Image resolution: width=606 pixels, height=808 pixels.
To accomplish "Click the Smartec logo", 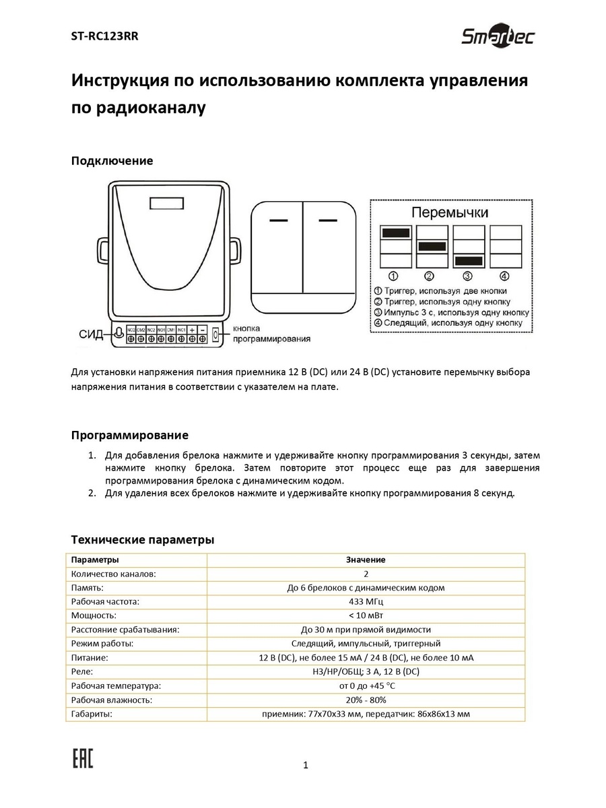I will (497, 37).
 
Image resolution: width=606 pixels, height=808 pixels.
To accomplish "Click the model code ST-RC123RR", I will (104, 37).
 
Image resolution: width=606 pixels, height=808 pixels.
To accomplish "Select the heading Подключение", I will (112, 160).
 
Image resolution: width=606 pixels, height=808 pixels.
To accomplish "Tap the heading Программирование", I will (129, 435).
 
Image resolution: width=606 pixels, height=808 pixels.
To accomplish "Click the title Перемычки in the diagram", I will (450, 213).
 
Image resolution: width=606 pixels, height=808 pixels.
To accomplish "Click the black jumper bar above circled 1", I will (395, 232).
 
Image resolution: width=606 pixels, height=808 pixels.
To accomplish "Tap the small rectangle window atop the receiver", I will (166, 203).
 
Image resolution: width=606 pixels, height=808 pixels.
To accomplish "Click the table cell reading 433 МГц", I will (366, 601).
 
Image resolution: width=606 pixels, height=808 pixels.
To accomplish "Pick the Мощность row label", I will (94, 615).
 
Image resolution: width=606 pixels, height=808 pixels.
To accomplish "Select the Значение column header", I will (366, 560).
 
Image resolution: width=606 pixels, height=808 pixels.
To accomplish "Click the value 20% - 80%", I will (366, 700).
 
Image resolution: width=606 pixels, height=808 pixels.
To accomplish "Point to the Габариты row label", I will (92, 714).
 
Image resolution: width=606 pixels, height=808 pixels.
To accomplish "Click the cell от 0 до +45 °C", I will (366, 685).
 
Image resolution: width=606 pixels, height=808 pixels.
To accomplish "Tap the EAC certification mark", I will (83, 758).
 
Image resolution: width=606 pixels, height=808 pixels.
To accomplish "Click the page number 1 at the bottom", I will (306, 764).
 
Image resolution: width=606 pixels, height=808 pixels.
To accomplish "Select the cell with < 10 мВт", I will (366, 615).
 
